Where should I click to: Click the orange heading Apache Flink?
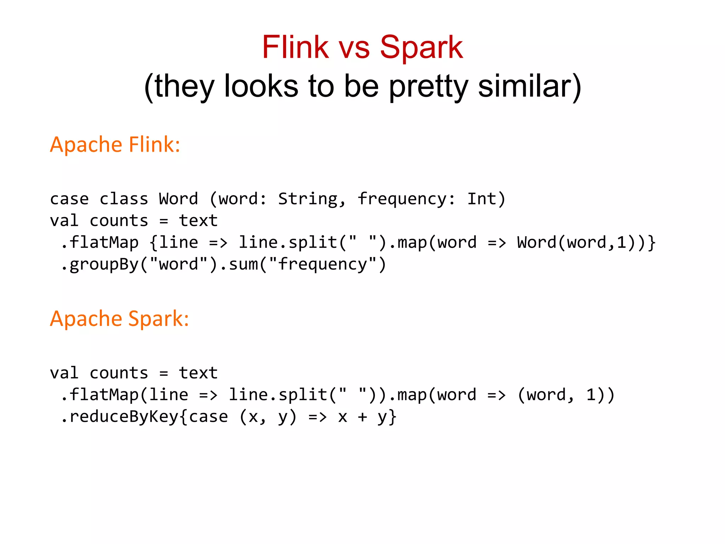pos(115,144)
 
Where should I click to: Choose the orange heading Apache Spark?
pos(119,318)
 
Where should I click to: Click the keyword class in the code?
pos(124,199)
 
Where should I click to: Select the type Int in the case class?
pos(482,199)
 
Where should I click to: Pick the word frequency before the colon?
pos(401,199)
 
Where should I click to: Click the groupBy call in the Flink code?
pos(104,264)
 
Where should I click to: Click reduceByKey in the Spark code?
pos(124,416)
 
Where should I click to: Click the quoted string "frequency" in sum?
pos(322,264)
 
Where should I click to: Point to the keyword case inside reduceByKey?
pos(209,416)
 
